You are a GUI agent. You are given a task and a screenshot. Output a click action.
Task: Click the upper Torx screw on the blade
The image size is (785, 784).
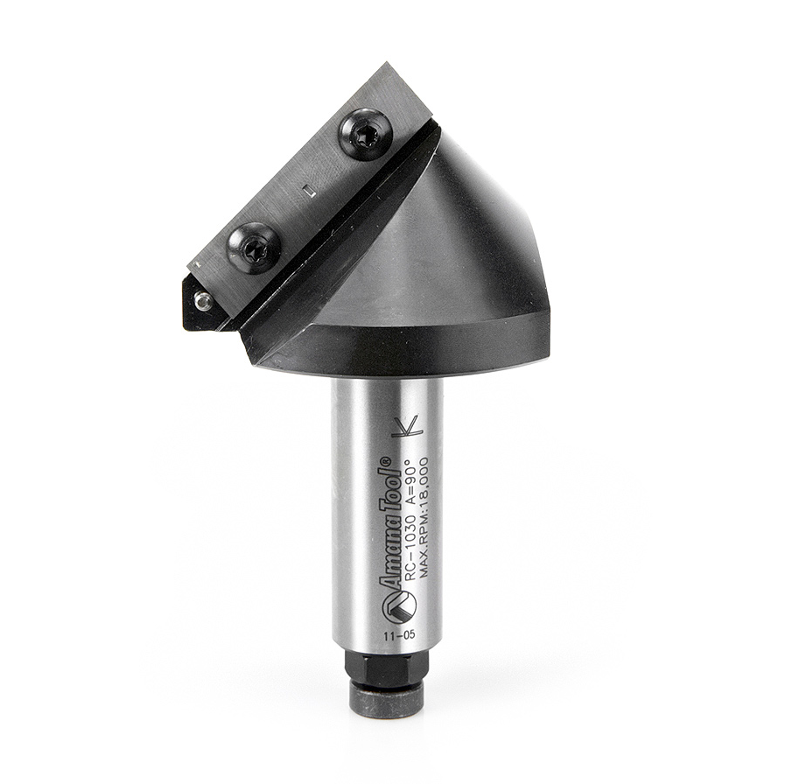[x=364, y=134]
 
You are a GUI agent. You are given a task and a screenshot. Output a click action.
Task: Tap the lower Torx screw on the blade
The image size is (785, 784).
[x=254, y=248]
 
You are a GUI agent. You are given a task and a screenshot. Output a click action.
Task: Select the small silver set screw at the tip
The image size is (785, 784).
[x=203, y=301]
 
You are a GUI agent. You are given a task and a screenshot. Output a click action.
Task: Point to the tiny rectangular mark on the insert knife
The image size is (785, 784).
[x=306, y=188]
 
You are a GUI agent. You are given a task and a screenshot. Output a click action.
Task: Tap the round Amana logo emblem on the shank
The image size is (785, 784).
[x=392, y=603]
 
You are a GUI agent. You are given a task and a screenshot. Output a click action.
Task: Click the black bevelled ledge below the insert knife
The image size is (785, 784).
[x=341, y=245]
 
